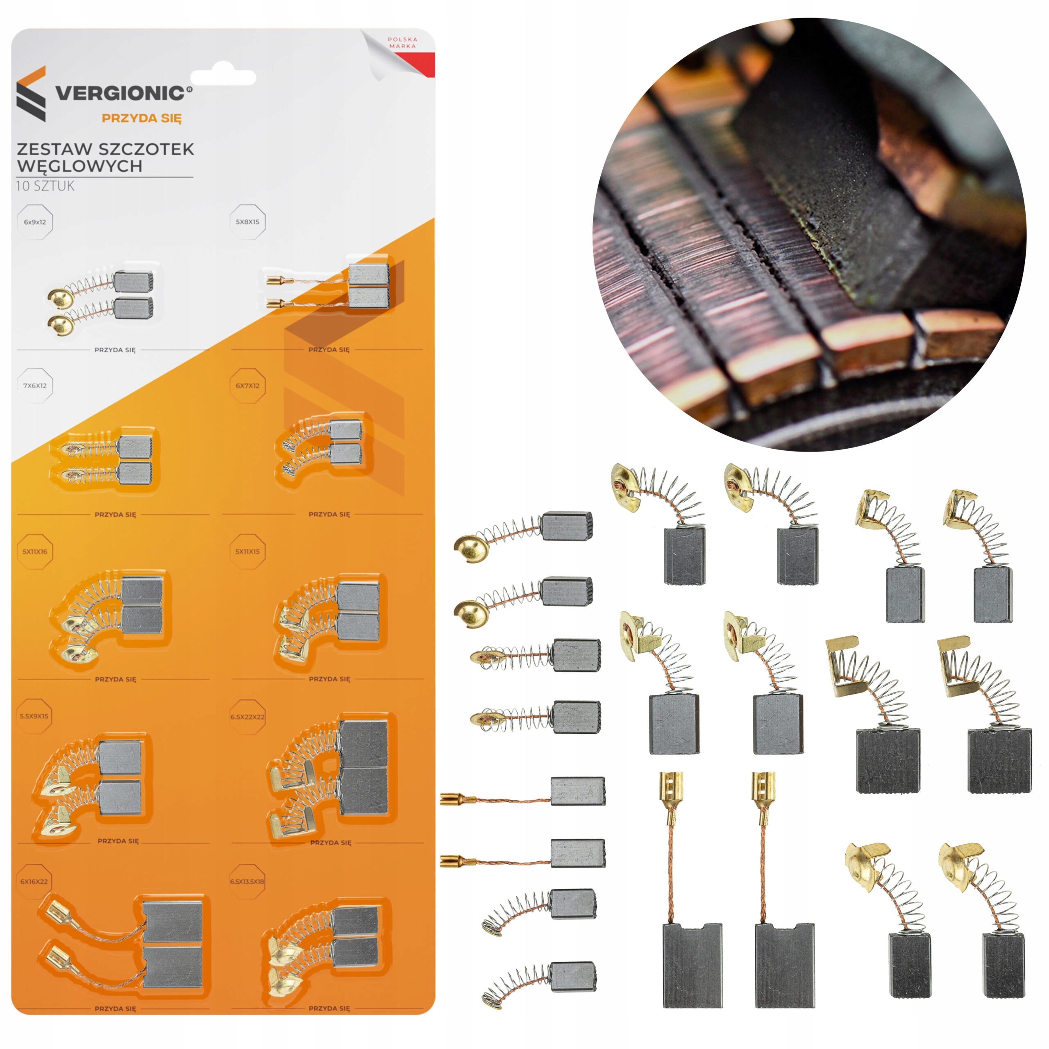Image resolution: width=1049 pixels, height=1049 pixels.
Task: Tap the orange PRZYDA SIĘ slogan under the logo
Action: pos(142,118)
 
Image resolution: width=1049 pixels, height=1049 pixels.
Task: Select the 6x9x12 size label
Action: pos(35,222)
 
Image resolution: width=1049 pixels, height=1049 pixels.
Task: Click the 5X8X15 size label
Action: pos(247,222)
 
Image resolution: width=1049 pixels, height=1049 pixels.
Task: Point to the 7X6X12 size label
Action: pos(35,386)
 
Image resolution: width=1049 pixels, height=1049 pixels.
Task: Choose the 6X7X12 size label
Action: pos(247,386)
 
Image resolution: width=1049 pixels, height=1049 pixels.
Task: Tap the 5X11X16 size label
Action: pos(35,552)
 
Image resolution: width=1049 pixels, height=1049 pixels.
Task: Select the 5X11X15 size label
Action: pos(247,552)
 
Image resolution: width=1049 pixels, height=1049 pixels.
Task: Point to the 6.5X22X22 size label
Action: pos(247,717)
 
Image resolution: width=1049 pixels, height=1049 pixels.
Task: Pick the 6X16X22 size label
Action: pos(34,882)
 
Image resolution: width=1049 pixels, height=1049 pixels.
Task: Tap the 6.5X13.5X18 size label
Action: pos(247,882)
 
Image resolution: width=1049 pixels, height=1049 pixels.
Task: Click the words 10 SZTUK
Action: pos(45,186)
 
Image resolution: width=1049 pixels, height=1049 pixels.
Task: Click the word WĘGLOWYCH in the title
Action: pos(80,166)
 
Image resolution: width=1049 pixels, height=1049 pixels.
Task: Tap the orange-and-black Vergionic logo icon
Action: pos(32,94)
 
